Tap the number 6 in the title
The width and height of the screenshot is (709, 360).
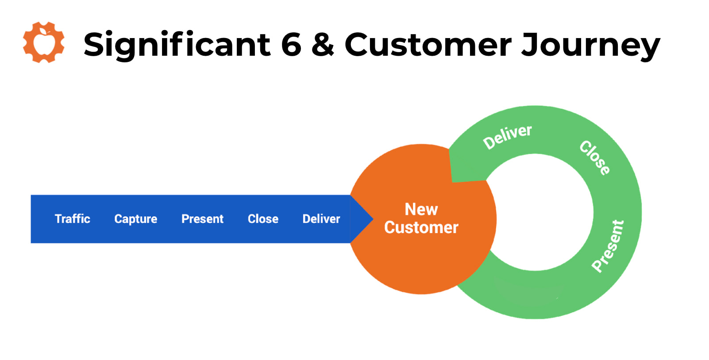[291, 45]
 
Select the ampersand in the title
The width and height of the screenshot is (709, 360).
[323, 45]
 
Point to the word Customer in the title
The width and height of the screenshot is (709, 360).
[428, 45]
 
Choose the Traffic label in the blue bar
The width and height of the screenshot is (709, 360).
[72, 219]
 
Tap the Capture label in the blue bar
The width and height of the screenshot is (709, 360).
[135, 219]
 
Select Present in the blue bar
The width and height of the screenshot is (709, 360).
[202, 219]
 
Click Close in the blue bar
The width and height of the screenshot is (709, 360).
[263, 219]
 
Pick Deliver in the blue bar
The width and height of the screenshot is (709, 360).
[321, 219]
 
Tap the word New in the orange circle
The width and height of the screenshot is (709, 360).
[421, 209]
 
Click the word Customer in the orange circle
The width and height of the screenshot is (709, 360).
[421, 227]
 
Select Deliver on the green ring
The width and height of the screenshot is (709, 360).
[507, 137]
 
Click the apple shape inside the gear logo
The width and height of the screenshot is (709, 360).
[44, 43]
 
